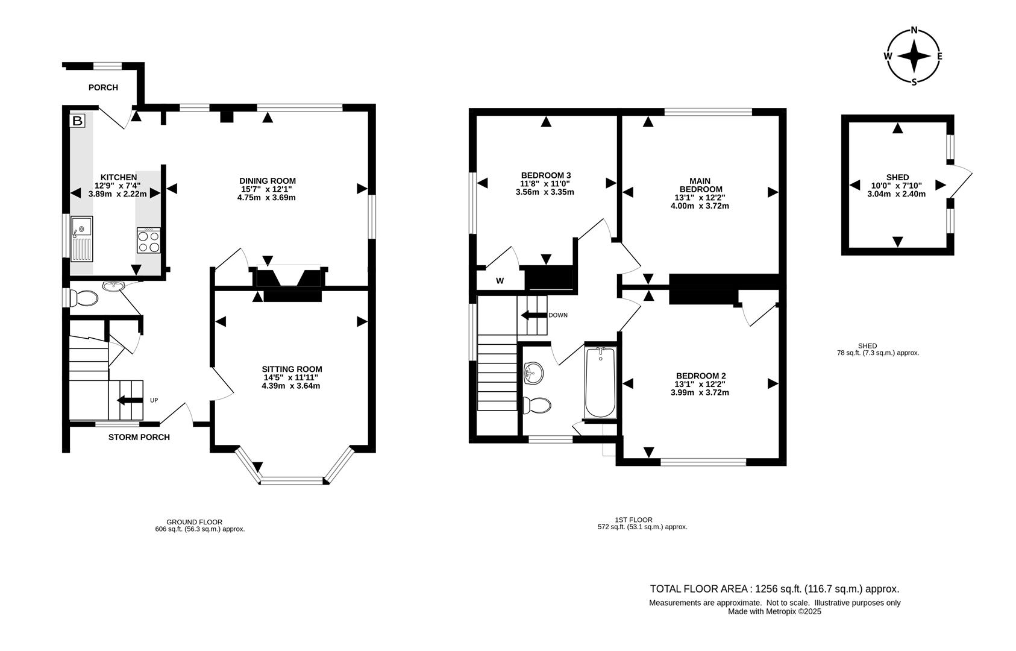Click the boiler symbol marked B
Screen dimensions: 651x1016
tap(77, 121)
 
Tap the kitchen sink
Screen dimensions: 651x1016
tap(81, 238)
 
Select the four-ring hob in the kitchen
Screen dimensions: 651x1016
tap(148, 241)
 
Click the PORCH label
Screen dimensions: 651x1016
tap(103, 87)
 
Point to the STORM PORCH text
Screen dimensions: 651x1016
tap(139, 437)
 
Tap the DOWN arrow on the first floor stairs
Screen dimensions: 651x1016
tap(533, 315)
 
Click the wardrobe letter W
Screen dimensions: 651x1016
tap(500, 281)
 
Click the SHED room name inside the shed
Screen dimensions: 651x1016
tap(897, 177)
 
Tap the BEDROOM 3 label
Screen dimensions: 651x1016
tap(545, 175)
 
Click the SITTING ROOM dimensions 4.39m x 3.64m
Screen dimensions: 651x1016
tap(291, 386)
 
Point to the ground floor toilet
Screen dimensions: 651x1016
tap(84, 298)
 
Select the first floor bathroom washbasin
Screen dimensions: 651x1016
tap(533, 373)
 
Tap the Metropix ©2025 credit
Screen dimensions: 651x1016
tap(774, 611)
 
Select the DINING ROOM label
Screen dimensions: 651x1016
tap(268, 181)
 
